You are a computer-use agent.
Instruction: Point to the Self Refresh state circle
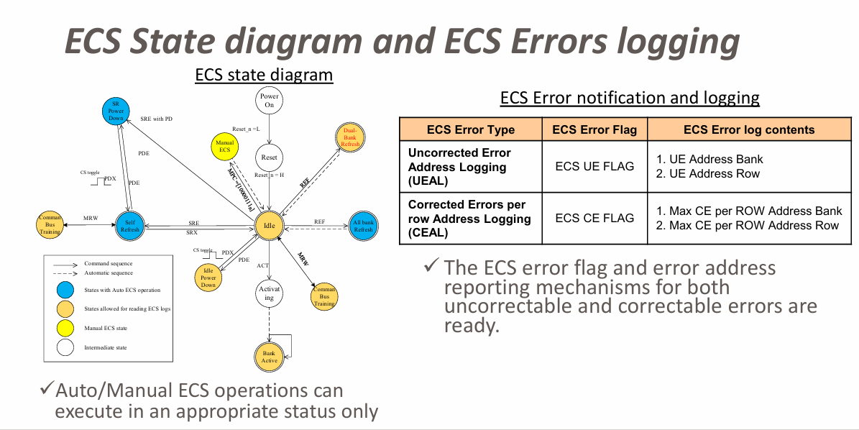(129, 227)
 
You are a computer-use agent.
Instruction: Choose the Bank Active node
(269, 357)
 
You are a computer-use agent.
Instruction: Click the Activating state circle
(269, 293)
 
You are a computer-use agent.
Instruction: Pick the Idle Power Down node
(208, 278)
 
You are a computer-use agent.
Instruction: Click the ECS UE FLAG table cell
(594, 166)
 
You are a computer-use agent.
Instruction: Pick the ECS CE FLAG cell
(594, 218)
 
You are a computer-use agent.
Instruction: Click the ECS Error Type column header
(471, 130)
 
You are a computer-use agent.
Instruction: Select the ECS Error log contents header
(749, 130)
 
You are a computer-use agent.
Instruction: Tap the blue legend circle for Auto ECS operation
(65, 290)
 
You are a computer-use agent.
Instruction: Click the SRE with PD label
(156, 119)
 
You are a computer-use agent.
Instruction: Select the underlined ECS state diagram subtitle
(264, 75)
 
